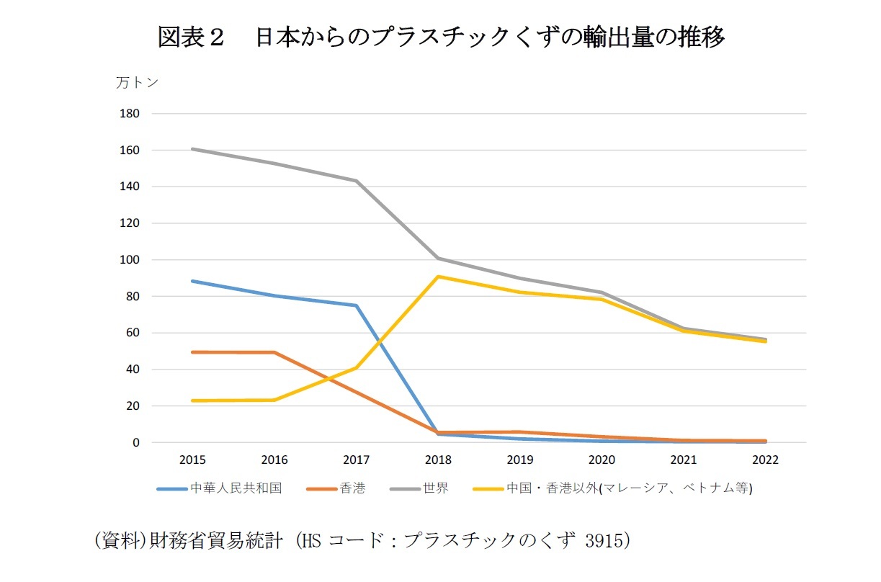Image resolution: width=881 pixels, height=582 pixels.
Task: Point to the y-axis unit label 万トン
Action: tap(137, 83)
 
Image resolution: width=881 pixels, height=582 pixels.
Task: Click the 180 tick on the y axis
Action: tap(130, 114)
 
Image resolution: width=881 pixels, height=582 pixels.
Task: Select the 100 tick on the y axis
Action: tap(130, 260)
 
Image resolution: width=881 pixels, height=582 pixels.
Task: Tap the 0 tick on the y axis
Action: tap(135, 443)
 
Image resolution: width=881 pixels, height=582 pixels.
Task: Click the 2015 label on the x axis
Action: tap(192, 460)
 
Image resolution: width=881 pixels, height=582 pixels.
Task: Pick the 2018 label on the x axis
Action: tap(438, 460)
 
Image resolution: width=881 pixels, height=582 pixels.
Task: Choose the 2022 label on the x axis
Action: tap(765, 460)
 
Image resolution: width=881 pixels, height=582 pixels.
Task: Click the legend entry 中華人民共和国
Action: tap(236, 488)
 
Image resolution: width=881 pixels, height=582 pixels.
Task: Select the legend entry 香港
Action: tap(354, 488)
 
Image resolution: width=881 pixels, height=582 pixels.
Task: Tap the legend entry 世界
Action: tap(437, 488)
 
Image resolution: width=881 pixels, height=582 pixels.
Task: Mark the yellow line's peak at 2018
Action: tap(438, 277)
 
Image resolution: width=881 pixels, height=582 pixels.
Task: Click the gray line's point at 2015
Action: tap(192, 149)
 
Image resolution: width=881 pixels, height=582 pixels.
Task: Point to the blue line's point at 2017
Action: tap(356, 305)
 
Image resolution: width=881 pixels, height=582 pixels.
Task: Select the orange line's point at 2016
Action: tap(274, 352)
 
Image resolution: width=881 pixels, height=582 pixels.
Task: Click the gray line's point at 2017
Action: tap(356, 181)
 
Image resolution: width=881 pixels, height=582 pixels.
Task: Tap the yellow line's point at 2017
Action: tap(356, 367)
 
